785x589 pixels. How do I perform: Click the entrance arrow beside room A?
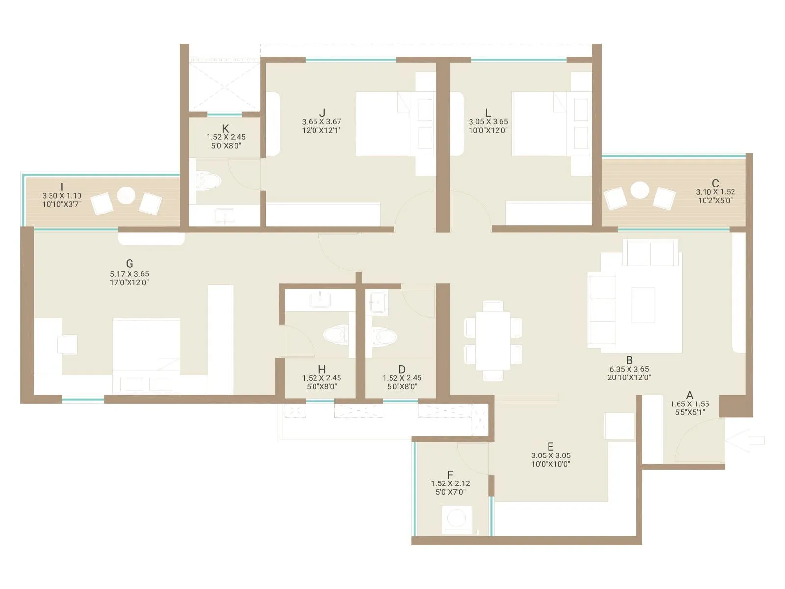tap(746, 440)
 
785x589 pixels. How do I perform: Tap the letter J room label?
tap(322, 113)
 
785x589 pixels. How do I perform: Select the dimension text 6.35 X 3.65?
tap(629, 369)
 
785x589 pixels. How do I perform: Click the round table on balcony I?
tap(126, 196)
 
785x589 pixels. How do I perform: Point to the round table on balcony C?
tap(639, 190)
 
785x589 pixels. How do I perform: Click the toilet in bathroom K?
tap(208, 181)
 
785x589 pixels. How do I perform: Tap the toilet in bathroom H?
tap(336, 336)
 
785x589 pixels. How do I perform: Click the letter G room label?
tap(130, 264)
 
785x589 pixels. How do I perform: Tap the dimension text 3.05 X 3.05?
tap(550, 455)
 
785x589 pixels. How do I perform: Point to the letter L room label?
tap(488, 113)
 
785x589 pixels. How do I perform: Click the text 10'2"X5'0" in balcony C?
tap(715, 201)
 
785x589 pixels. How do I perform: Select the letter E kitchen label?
tap(550, 446)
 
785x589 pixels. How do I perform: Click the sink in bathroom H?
tap(320, 299)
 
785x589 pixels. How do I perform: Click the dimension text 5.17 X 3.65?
tap(130, 274)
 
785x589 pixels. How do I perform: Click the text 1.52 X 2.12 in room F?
tap(450, 483)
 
